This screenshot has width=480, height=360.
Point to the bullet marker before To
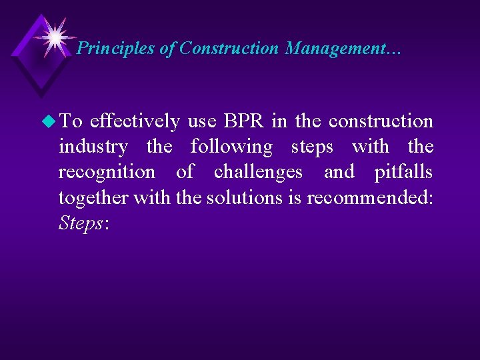49,121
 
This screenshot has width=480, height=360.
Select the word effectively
134,121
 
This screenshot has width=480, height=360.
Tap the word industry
93,147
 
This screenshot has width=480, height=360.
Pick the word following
231,147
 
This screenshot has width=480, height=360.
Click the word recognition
107,172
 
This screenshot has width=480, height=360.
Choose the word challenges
258,172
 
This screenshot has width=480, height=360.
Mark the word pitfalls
403,172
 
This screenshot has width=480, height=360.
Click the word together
94,197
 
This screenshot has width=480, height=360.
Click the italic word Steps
80,223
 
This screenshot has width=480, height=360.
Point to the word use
201,121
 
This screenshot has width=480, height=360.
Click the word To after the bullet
70,121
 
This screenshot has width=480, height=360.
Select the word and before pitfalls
339,172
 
